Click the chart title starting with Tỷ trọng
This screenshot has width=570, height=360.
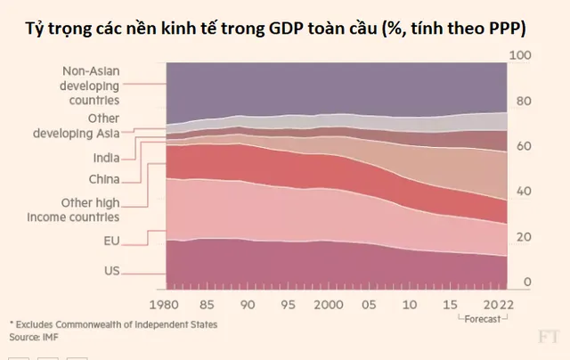285,29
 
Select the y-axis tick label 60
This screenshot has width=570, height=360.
523,146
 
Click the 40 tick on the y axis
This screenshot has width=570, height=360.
523,192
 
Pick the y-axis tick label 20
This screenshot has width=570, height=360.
523,237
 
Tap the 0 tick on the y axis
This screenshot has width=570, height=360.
527,282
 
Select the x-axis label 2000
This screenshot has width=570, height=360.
329,304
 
